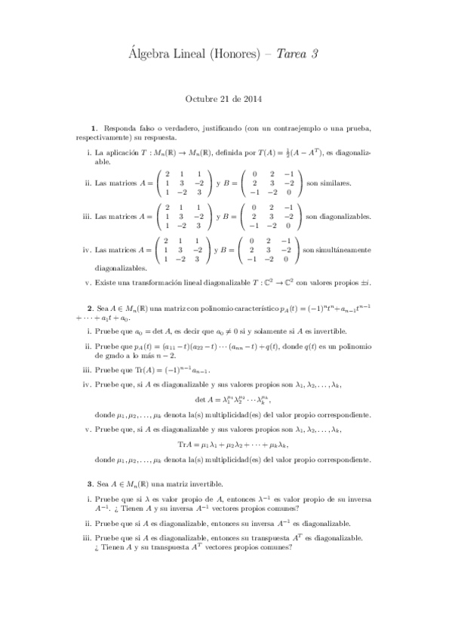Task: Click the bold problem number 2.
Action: tap(91, 308)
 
